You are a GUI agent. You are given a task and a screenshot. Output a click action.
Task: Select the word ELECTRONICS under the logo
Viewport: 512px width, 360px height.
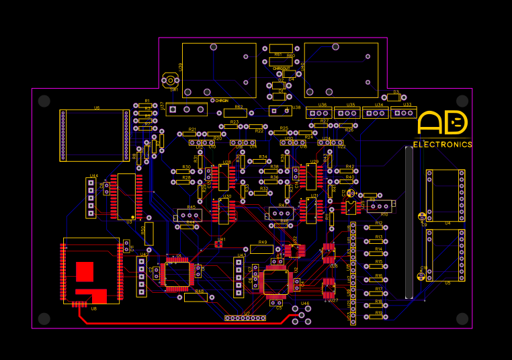[x=442, y=144]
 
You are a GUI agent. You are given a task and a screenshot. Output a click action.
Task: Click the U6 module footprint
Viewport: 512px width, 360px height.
[x=94, y=136]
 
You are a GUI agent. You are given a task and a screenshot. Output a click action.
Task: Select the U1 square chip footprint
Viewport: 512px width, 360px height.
[x=179, y=273]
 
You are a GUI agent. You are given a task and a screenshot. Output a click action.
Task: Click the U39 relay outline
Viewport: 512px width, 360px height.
[x=219, y=70]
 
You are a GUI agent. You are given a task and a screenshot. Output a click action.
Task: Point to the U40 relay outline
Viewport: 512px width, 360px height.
[x=341, y=70]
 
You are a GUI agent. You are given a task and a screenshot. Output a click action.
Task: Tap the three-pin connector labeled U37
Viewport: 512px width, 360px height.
[x=186, y=109]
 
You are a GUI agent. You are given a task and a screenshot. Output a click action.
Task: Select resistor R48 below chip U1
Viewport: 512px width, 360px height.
[x=196, y=296]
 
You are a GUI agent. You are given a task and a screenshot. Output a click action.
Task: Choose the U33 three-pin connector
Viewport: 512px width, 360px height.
[x=403, y=113]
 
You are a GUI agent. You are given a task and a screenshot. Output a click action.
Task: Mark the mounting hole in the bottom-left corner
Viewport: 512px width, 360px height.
[x=44, y=318]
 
